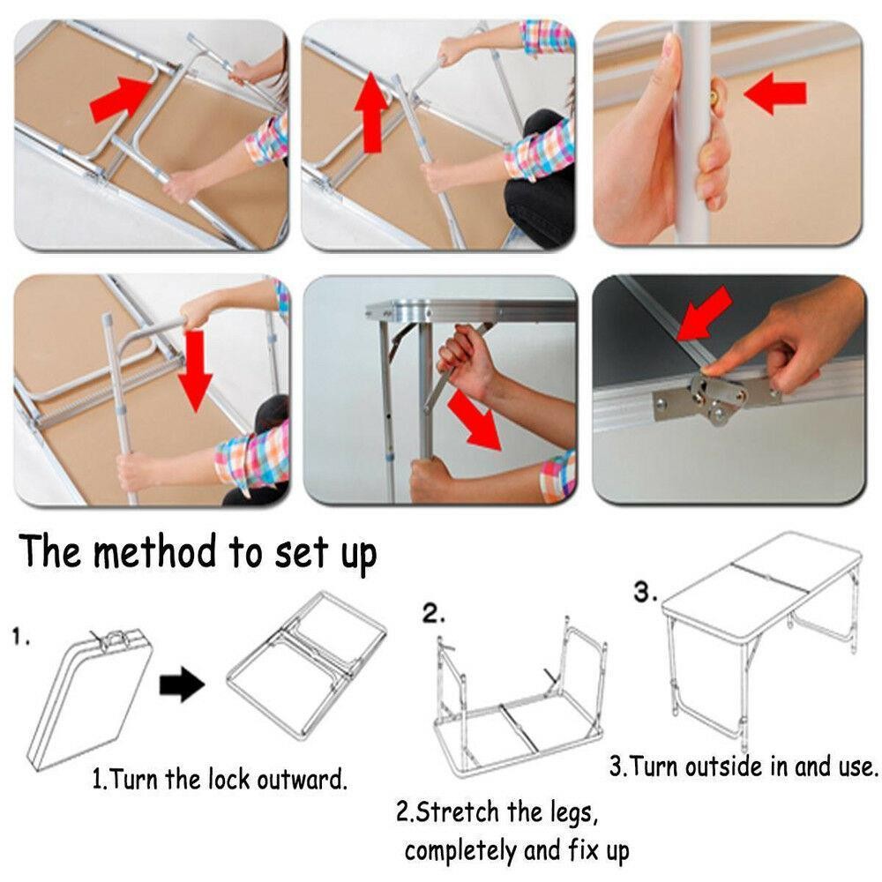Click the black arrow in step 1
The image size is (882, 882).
point(182,684)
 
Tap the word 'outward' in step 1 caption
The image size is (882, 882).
point(302,780)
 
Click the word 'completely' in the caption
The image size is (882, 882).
point(460,851)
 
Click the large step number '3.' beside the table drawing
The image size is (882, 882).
point(646,592)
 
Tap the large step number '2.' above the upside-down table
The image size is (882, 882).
point(434,613)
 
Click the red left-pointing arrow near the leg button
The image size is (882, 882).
point(775,93)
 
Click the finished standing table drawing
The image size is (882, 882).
point(761,636)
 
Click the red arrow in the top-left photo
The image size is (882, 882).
point(121,101)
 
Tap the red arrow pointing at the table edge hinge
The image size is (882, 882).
point(704,314)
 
